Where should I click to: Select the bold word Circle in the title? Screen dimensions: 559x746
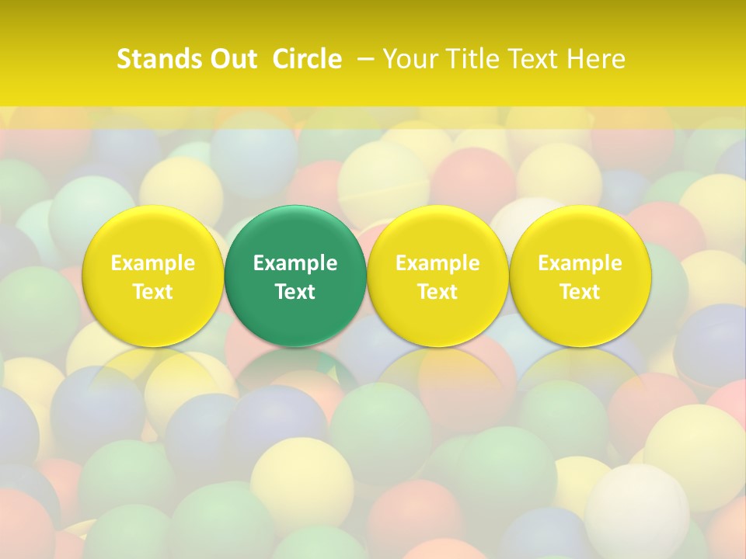307,59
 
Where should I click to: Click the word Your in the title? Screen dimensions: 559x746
407,59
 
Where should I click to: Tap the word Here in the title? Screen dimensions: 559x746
595,59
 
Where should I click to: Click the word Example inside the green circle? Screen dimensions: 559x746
295,263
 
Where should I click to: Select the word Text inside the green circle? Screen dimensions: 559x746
295,292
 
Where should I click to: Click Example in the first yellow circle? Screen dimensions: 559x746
153,263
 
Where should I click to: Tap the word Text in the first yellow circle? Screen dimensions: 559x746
153,292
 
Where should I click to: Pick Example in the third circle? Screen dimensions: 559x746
437,263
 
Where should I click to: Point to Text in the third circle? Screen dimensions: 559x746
437,292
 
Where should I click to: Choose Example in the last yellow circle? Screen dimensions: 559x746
580,263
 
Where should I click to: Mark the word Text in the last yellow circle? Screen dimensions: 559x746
580,292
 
